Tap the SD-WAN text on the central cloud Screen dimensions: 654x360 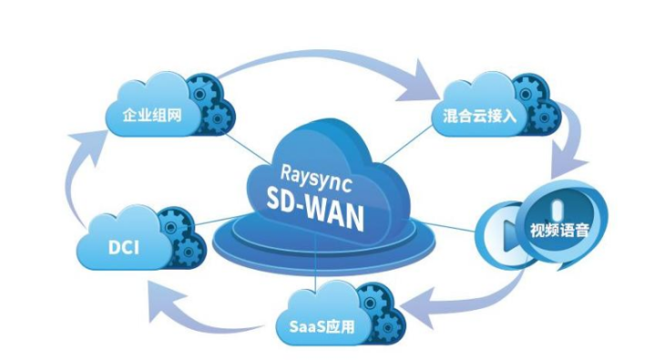pyautogui.click(x=315, y=209)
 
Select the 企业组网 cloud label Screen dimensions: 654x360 pyautogui.click(x=152, y=114)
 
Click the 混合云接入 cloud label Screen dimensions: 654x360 pyautogui.click(x=480, y=115)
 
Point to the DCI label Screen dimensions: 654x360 pyautogui.click(x=124, y=247)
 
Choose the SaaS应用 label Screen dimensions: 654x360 pyautogui.click(x=322, y=325)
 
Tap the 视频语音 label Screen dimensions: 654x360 pyautogui.click(x=559, y=230)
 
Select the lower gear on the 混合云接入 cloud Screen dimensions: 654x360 pyautogui.click(x=544, y=118)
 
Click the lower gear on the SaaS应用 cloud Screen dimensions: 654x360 pyautogui.click(x=387, y=328)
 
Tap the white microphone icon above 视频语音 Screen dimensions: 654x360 pyautogui.click(x=557, y=210)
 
